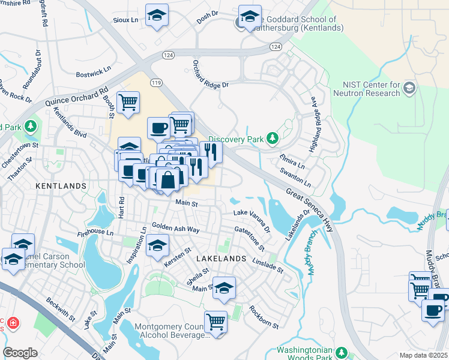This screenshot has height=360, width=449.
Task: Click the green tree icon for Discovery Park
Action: click(273, 139)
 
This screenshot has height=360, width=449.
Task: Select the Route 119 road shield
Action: click(157, 82)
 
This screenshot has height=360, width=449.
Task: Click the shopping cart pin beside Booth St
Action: click(128, 103)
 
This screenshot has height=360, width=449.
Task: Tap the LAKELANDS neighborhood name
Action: click(221, 258)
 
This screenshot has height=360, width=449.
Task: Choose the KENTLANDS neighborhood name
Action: click(61, 186)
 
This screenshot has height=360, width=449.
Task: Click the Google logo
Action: click(20, 353)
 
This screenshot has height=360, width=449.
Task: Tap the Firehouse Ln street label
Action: click(95, 232)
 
